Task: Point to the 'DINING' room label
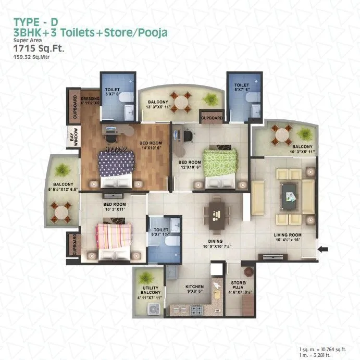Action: click(x=215, y=242)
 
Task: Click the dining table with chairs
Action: click(x=218, y=212)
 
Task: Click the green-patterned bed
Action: click(x=219, y=166)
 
